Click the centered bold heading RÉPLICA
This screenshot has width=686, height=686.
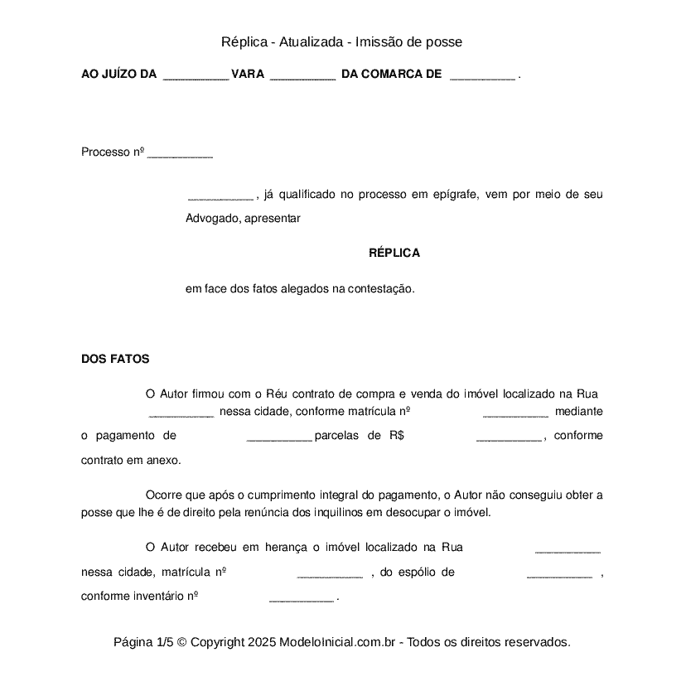[394, 253]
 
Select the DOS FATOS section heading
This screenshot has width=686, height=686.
[115, 360]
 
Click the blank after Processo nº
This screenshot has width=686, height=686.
[180, 153]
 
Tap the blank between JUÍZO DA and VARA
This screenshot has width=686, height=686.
[196, 75]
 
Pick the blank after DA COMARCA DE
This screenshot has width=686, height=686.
[482, 75]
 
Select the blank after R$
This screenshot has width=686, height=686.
[509, 437]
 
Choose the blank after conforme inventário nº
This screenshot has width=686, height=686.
[302, 597]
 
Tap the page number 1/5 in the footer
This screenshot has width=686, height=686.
[164, 642]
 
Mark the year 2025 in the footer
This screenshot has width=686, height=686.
[261, 642]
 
